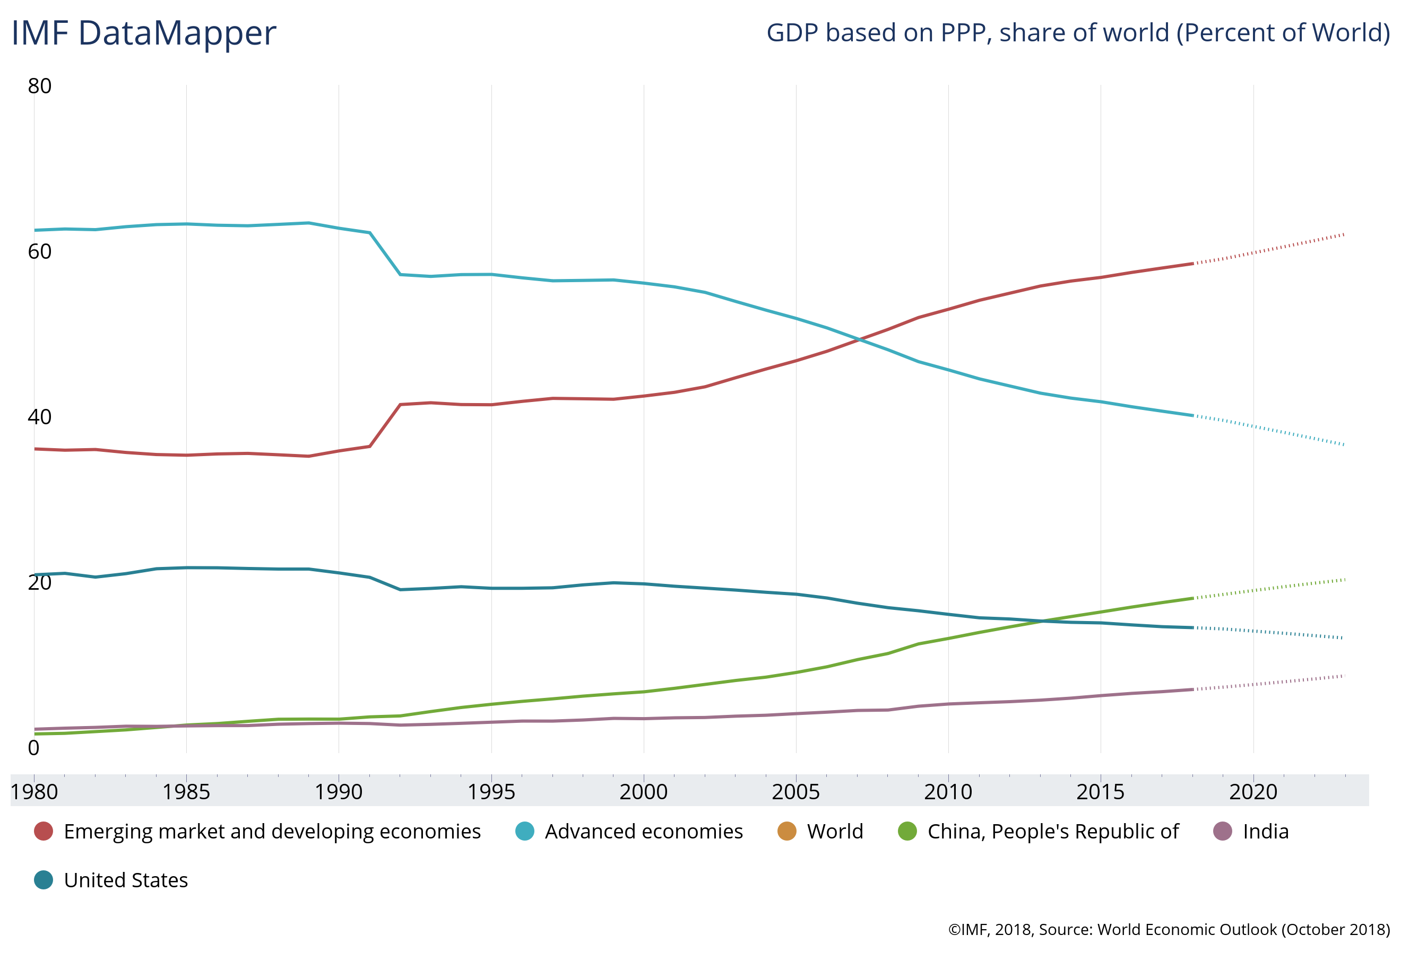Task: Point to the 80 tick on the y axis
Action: tap(40, 86)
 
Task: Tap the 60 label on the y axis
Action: tap(40, 252)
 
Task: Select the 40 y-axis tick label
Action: tap(40, 417)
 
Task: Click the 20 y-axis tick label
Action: tap(40, 583)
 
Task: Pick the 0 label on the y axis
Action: tap(34, 748)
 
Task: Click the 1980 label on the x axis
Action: tap(34, 792)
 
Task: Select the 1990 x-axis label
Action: tap(339, 792)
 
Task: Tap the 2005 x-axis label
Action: tap(795, 792)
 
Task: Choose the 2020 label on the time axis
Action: tap(1253, 792)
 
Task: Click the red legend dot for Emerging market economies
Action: tap(44, 832)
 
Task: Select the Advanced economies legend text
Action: tap(644, 832)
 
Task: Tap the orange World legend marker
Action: tap(786, 832)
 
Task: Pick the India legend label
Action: tap(1266, 832)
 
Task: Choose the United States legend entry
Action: tap(125, 880)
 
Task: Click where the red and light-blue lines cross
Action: tap(860, 340)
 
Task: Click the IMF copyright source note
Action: tap(1169, 930)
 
